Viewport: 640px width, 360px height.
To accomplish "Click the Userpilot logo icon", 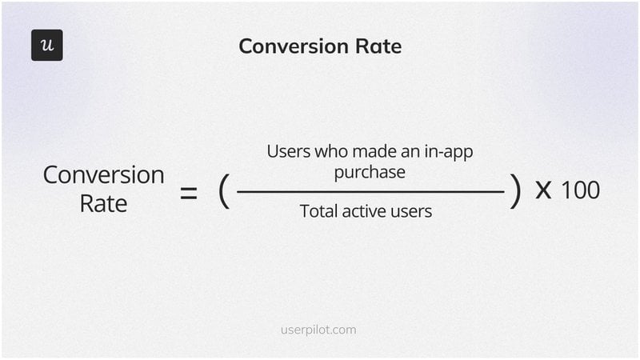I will pos(46,46).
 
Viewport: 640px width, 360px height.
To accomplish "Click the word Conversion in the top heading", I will pos(289,46).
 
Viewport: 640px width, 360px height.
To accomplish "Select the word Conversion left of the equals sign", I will pos(103,175).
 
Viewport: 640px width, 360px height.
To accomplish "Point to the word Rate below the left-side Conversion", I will pos(103,203).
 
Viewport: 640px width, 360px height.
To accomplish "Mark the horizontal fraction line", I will pos(370,192).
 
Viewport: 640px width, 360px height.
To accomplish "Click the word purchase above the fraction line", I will pos(370,172).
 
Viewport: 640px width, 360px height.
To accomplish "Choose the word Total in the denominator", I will pos(318,211).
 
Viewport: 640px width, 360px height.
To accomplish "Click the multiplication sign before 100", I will pos(543,192).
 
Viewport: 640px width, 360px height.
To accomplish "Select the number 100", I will pos(580,191).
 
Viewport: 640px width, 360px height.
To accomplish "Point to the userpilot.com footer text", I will pos(319,329).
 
